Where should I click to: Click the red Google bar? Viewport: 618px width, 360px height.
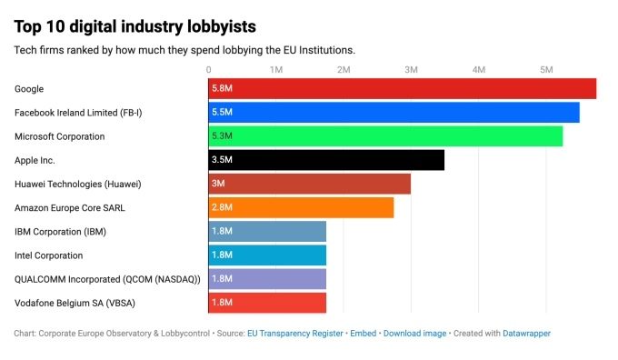point(403,89)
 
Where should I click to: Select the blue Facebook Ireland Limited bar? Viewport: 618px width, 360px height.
point(394,113)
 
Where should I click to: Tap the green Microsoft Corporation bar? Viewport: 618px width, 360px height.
point(386,136)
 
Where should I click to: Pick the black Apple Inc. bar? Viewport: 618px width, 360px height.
point(326,160)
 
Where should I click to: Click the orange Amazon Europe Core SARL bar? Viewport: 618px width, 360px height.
point(301,207)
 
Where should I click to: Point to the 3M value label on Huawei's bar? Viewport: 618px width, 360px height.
point(218,184)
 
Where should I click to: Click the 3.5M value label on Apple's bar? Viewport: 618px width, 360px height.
point(222,160)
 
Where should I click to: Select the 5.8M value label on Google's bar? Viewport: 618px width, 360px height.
point(222,88)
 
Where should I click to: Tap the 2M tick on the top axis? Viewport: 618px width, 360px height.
point(344,70)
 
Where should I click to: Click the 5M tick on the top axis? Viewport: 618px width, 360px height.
point(546,70)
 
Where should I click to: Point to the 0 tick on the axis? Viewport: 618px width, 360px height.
point(208,70)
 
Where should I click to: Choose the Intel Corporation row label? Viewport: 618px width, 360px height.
point(48,255)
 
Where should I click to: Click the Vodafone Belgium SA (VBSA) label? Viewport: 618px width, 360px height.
point(75,304)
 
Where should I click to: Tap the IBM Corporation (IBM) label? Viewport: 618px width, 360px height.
point(60,232)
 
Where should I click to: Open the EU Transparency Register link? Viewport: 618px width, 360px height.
point(295,334)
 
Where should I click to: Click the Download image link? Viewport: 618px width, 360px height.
point(414,334)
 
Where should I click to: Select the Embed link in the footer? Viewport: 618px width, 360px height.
point(364,334)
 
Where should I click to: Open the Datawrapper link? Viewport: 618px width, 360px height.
point(526,334)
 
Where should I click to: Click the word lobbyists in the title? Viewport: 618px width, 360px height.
point(222,26)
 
